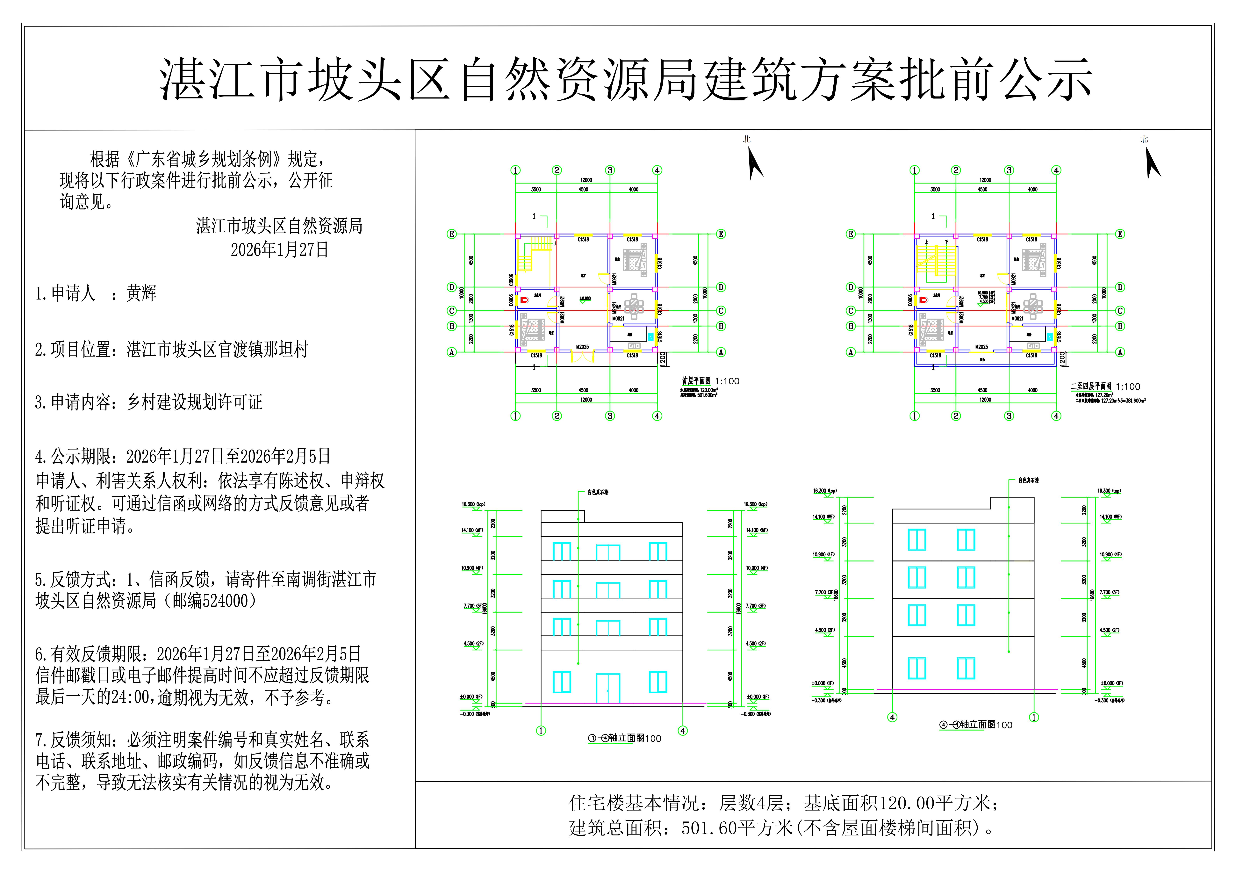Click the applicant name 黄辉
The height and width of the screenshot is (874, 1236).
pyautogui.click(x=141, y=293)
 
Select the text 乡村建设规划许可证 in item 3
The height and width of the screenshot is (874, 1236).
pyautogui.click(x=194, y=402)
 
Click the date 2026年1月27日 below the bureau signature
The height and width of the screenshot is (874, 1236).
pyautogui.click(x=279, y=250)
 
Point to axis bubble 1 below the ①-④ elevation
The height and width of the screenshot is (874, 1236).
pyautogui.click(x=541, y=731)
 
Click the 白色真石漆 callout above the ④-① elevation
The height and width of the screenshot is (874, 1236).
pyautogui.click(x=1028, y=480)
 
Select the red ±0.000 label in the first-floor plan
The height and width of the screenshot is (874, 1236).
pyautogui.click(x=585, y=298)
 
